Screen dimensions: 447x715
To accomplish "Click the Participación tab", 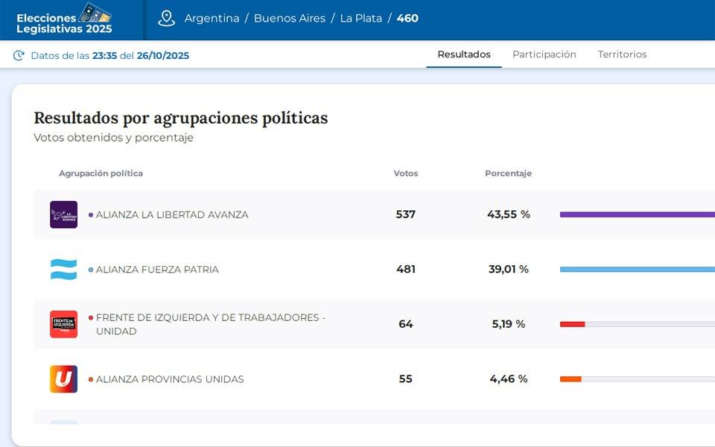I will (x=544, y=54).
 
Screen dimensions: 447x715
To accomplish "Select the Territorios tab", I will (x=622, y=54).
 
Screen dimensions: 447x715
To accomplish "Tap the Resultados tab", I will (x=464, y=54).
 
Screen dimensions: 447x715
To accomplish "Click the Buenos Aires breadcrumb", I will (x=290, y=19).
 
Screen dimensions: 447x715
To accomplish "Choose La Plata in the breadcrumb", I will (x=361, y=19).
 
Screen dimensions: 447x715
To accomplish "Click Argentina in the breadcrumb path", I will (x=212, y=19).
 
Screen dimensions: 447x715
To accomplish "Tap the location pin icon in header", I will (x=166, y=19).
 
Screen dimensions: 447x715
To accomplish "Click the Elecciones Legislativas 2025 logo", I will (x=65, y=19).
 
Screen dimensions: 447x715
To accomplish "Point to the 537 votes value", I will (x=406, y=215).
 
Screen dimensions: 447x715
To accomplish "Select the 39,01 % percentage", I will (x=509, y=270).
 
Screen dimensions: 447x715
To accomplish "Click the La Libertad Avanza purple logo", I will (x=63, y=215).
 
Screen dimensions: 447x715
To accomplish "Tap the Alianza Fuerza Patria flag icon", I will (x=63, y=270).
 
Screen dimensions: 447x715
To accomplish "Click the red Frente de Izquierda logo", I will (x=63, y=324).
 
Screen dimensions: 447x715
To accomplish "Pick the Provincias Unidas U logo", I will (x=63, y=379).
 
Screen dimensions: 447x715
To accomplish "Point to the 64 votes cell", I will (x=406, y=324).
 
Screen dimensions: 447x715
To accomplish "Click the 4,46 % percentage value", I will (x=509, y=379).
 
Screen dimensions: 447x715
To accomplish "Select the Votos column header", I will (x=406, y=174).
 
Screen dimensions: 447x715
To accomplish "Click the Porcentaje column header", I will (x=508, y=174).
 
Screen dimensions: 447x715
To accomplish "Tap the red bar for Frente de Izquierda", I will (x=572, y=324).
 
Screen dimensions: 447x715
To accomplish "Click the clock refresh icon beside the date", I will (x=19, y=55).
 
